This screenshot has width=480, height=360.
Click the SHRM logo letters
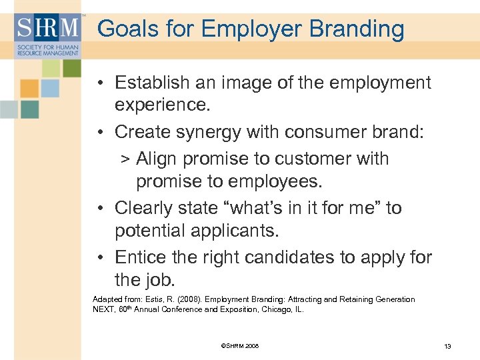point(46,27)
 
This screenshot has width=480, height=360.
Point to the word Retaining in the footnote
point(359,299)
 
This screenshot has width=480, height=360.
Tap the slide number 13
point(447,346)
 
